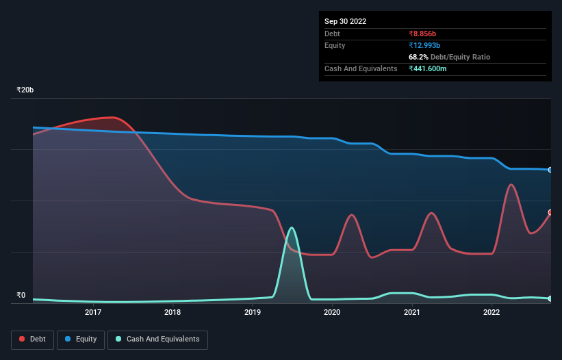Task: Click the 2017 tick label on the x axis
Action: point(93,313)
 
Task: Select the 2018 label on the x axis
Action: point(173,313)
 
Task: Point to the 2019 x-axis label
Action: point(253,313)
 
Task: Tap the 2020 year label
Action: point(332,313)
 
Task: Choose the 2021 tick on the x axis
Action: point(411,313)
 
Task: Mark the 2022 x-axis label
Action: point(491,313)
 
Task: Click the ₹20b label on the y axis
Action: point(25,90)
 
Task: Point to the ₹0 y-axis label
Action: point(21,296)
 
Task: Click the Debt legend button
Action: point(32,339)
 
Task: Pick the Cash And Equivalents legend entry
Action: point(157,339)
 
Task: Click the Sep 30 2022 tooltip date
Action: point(345,21)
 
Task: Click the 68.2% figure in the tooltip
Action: point(419,57)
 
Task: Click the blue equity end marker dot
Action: point(550,170)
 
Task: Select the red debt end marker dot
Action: point(550,212)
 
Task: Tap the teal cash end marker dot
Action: point(550,298)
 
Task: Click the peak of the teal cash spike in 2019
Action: point(292,228)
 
